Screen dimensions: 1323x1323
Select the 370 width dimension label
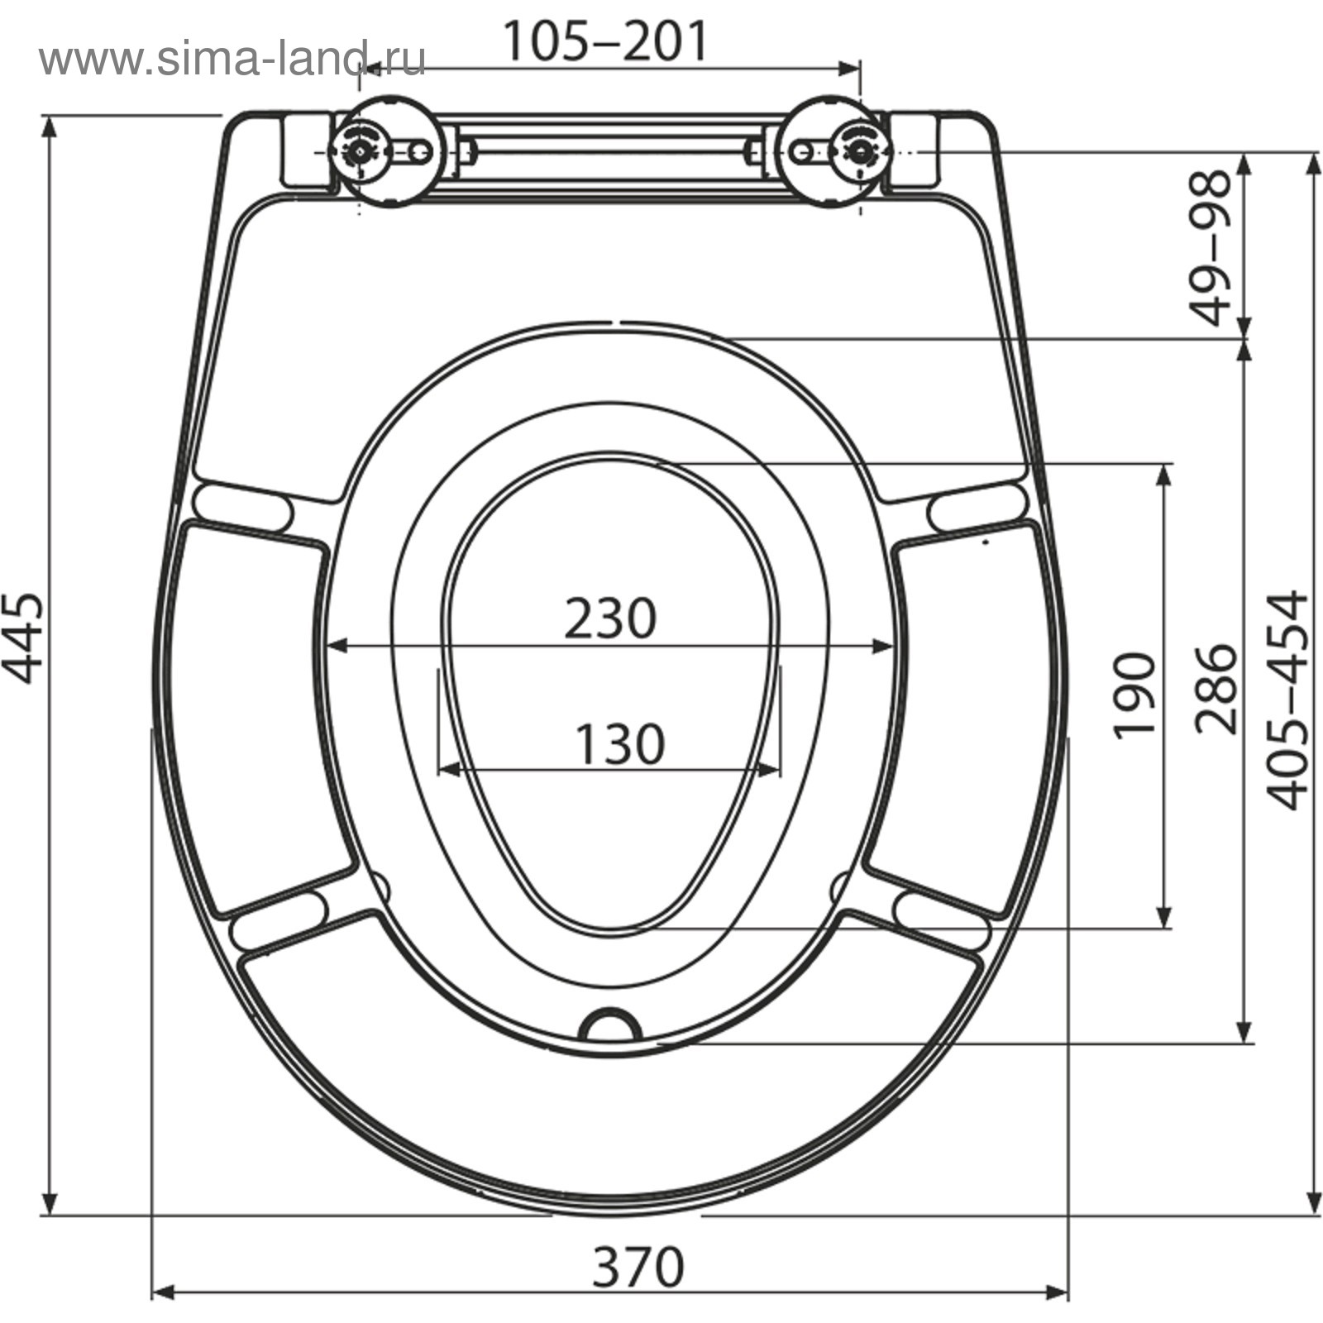tap(638, 1266)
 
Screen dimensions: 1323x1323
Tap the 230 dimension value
tap(610, 619)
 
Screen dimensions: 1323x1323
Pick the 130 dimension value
tap(619, 743)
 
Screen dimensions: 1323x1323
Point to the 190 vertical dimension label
tap(1134, 695)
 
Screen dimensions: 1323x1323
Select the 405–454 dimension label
tap(1288, 700)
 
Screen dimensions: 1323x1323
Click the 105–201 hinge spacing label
tap(606, 41)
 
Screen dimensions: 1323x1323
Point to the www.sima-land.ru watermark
tap(232, 59)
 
